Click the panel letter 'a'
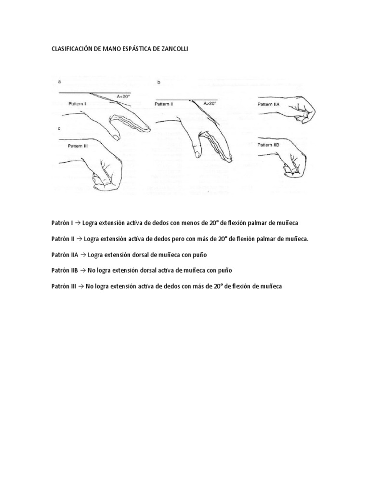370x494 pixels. (x=59, y=82)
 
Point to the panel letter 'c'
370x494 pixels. (x=59, y=128)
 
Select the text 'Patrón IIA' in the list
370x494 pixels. (x=65, y=254)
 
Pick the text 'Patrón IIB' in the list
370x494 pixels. (x=65, y=270)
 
